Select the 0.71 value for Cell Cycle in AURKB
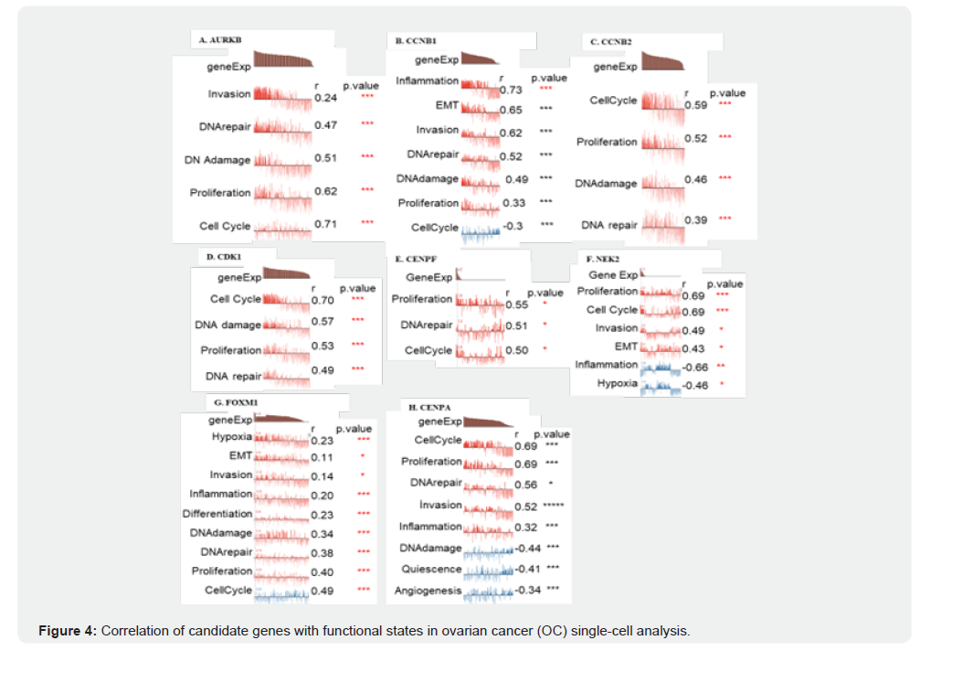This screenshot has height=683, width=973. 325,224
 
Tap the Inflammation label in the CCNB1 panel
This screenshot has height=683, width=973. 427,81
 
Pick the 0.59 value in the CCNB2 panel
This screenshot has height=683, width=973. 695,105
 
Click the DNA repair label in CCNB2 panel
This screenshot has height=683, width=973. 608,225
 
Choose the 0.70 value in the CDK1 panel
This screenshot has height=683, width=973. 322,300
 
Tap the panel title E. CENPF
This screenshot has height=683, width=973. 415,260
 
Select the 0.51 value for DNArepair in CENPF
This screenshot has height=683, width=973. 516,325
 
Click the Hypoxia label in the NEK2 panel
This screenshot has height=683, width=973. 618,383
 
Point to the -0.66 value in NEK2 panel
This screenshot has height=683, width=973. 696,367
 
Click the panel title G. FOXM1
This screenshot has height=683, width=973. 233,402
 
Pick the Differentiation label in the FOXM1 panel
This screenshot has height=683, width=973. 217,514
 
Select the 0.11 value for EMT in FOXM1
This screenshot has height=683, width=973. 322,457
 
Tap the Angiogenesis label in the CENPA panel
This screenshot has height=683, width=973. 428,591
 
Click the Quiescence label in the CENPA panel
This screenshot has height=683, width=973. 431,569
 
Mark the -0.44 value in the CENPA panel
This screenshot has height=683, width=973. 528,548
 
